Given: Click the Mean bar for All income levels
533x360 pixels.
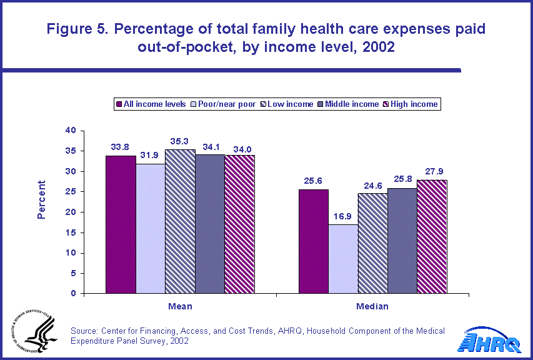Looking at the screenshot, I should point(121,224).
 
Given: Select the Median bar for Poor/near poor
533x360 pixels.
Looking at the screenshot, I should point(343,259).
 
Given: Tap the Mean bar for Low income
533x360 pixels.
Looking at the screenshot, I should point(180,221).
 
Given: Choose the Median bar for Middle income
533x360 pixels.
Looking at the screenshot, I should point(402,241).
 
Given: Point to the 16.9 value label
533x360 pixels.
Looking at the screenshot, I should point(343,217).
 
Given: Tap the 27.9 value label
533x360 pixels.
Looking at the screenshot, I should point(432,172).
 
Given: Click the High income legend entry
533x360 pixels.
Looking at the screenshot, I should point(413,104).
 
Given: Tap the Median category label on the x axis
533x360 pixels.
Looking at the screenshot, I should point(372,306).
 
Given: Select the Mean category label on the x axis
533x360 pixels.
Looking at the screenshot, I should point(180,306).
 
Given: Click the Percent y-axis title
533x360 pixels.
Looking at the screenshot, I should point(41,199).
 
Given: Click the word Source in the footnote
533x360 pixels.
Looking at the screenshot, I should point(85,331).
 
